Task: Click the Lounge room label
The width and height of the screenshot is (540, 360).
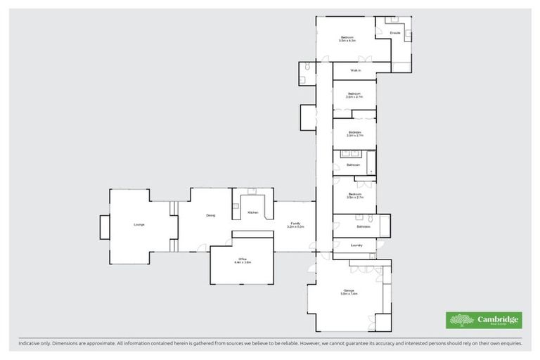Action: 139,224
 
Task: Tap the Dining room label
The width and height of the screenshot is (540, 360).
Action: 210,215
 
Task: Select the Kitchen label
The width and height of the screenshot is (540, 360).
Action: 252,212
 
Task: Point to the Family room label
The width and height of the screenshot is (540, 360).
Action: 295,223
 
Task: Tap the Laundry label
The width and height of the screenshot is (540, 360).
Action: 356,245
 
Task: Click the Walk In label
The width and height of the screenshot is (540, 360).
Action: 355,71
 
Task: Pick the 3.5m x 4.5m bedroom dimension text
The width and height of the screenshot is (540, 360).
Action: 347,41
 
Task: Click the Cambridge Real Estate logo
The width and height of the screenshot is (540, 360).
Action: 484,320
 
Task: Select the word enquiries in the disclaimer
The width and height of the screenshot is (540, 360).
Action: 510,343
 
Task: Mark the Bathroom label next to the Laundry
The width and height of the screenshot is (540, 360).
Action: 364,226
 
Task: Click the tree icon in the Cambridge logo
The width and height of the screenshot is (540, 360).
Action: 461,320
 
